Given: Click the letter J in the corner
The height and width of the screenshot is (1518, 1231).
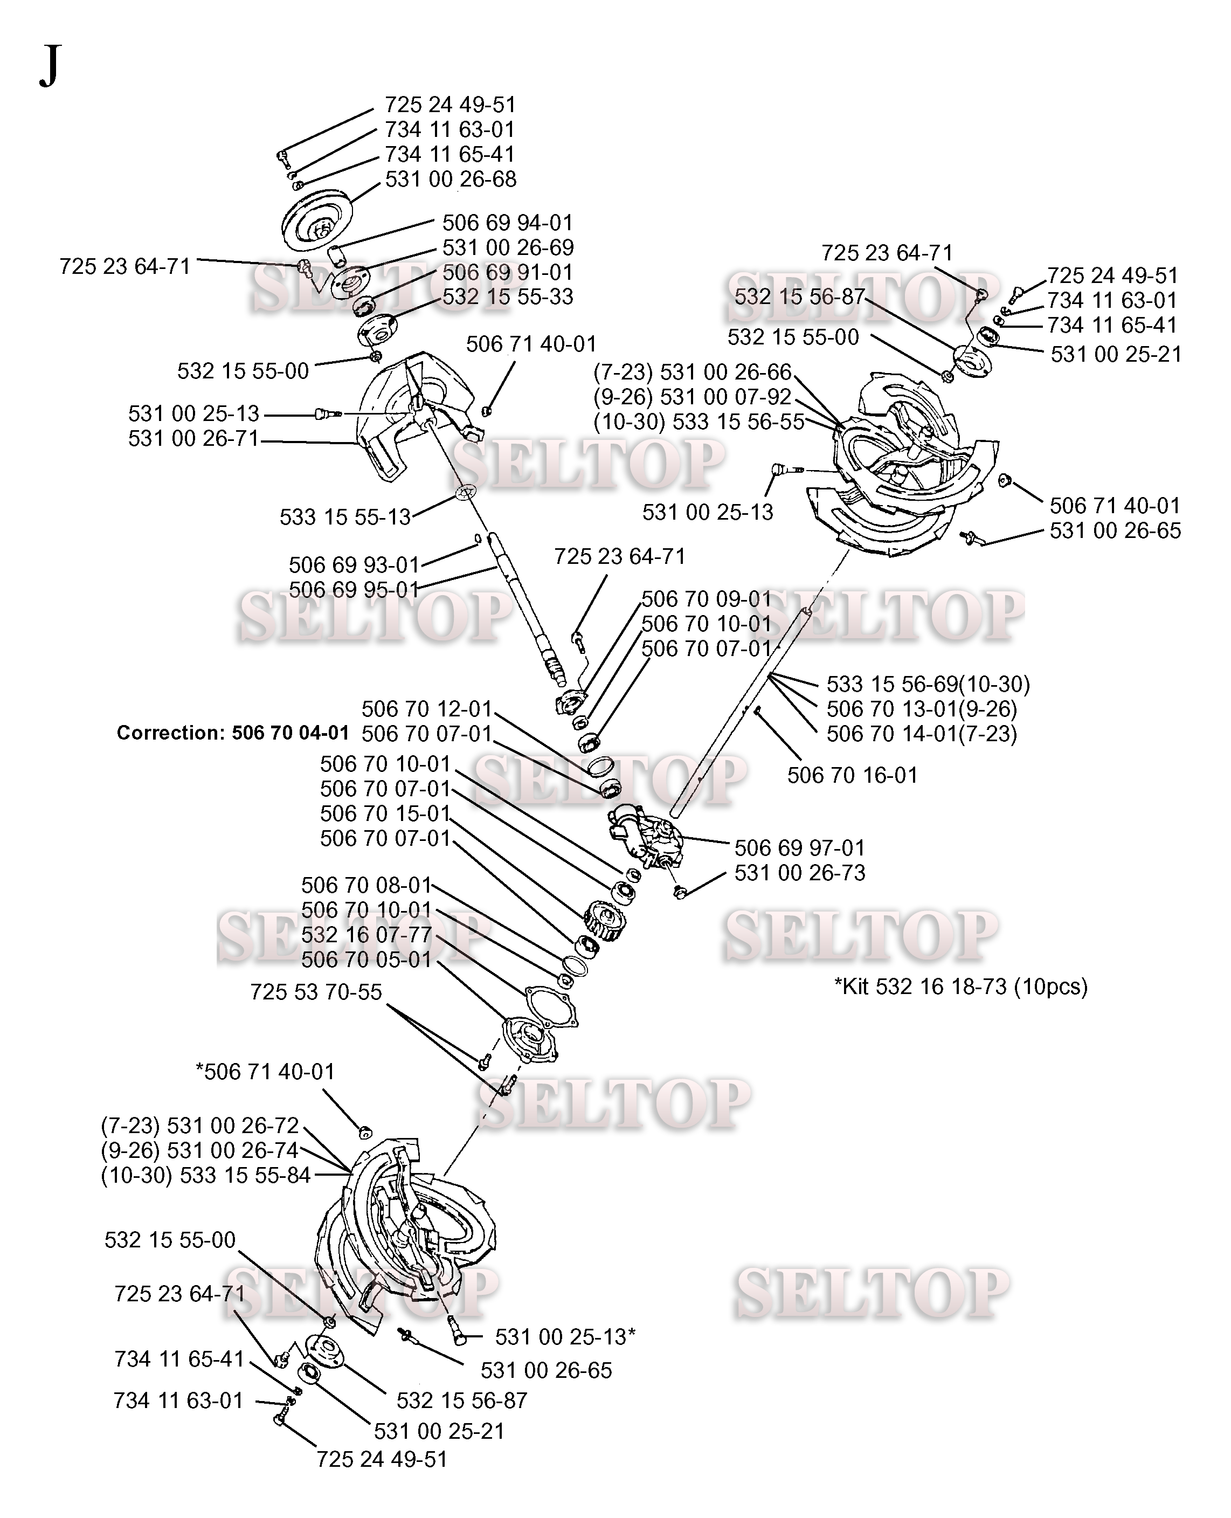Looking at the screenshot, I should (x=50, y=65).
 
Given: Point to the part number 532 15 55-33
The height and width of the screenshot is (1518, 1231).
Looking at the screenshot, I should (x=507, y=296).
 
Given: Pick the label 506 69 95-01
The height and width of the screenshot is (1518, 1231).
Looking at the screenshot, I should (x=354, y=590).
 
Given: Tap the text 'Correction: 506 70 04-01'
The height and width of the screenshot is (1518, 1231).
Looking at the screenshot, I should (x=233, y=733).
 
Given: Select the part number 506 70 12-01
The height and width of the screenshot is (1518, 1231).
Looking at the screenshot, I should (x=426, y=709).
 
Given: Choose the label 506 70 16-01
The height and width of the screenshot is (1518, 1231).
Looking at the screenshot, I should (x=852, y=775).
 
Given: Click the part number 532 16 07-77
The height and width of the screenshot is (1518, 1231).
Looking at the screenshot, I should (x=366, y=935).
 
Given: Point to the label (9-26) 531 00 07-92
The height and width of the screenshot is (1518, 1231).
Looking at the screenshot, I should (x=692, y=397).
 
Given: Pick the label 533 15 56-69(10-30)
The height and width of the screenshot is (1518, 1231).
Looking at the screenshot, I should (x=928, y=684).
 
